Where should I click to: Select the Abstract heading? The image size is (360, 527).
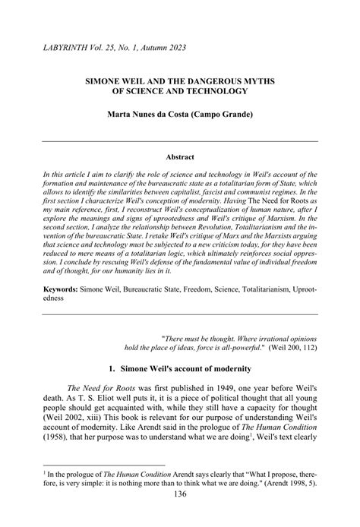tap(179, 157)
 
